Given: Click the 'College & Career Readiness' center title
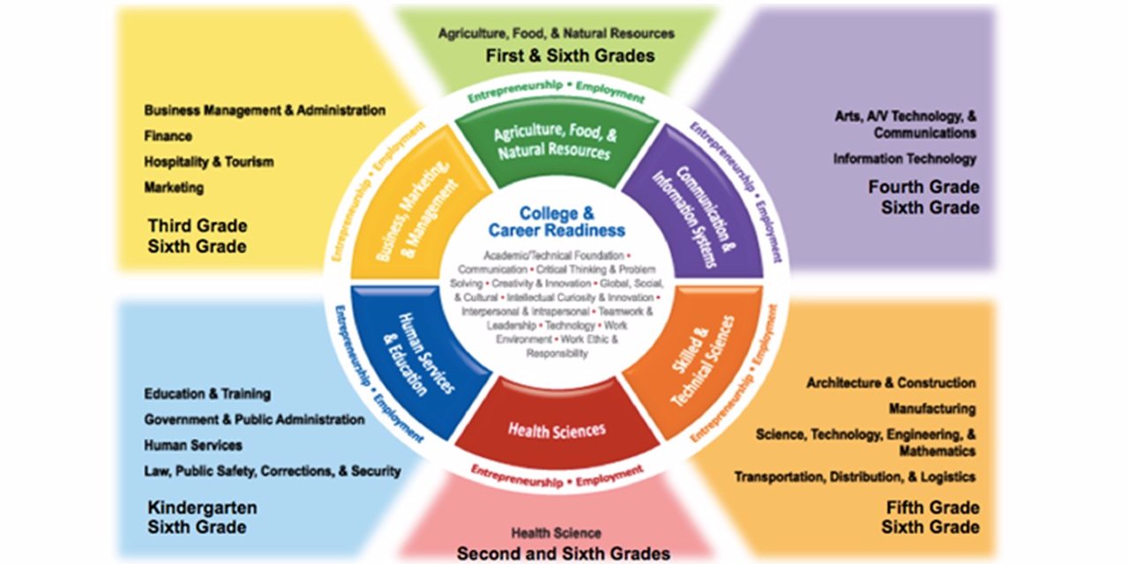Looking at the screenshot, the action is coord(557,221).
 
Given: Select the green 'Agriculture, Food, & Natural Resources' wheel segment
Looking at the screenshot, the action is coord(553,144).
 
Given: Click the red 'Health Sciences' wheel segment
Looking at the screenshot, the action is coord(557,430).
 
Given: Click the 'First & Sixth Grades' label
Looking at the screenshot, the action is coord(572,56).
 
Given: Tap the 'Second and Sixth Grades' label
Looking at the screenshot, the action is coord(563,553).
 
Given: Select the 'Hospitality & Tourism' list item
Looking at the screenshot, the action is coord(209,162).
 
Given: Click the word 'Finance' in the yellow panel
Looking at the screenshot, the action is coord(168,137).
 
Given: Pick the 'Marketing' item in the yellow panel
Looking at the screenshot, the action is coord(175,188).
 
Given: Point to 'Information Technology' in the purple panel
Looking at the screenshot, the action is coord(905,160).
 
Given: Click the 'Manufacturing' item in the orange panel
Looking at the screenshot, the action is coord(931,409).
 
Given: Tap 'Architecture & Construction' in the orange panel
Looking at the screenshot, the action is coord(891,383).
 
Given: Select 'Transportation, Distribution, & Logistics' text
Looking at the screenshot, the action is coord(855,477).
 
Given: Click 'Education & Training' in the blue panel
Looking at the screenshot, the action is coord(207,394).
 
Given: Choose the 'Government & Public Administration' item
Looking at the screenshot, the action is coord(254,419).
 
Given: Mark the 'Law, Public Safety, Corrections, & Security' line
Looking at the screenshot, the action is coord(273,471).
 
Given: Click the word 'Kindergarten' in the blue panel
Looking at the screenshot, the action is coord(202,508).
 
